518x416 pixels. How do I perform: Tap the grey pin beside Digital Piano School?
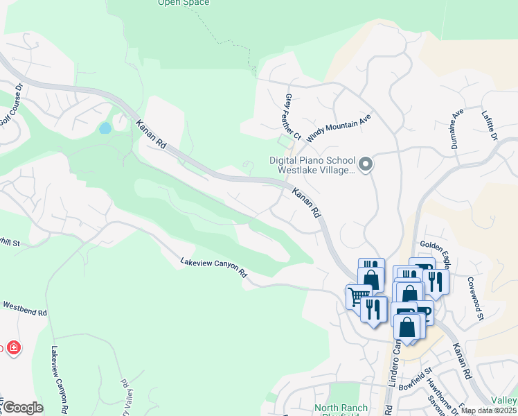click(x=366, y=165)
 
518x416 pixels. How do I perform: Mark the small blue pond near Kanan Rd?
click(x=105, y=128)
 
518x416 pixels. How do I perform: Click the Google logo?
click(x=23, y=408)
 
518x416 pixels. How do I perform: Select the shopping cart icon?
click(x=358, y=297)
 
